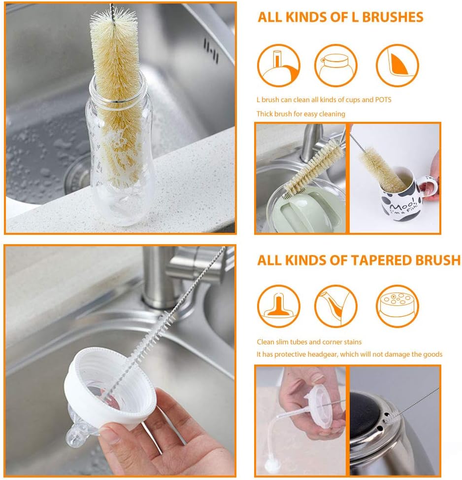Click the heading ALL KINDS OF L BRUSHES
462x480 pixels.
340,17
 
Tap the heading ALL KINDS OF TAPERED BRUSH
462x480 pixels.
359,260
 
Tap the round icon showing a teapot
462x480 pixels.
335,66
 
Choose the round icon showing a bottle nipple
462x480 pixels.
278,306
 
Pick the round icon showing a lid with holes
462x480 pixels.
397,306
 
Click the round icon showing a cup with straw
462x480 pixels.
278,66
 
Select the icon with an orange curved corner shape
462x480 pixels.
397,66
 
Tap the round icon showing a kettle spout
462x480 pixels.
335,306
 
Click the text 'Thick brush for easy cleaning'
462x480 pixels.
300,114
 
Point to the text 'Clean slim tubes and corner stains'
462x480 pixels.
309,342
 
